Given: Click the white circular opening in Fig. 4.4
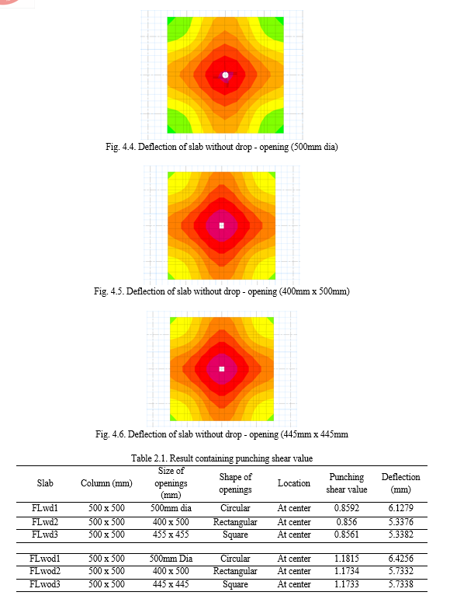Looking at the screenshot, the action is (225, 75).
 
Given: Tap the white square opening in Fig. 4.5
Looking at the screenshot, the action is (222, 226).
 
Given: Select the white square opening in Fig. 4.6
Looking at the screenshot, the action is (222, 369).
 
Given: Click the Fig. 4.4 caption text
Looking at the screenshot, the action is (222, 147).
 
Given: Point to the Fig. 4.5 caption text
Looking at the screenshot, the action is (222, 291).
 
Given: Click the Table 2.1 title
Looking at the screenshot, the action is (222, 458).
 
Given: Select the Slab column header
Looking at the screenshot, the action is (45, 483).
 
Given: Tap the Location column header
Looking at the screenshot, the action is (293, 483).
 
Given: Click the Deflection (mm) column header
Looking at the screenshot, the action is (400, 483).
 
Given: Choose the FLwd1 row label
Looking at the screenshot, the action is (45, 508).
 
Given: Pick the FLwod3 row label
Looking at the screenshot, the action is (45, 584).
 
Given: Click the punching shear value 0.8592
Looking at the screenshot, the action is (346, 508).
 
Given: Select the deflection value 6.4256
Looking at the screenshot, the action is (400, 559).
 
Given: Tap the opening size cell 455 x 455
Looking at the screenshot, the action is (171, 535).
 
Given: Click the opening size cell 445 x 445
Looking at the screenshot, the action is (171, 584).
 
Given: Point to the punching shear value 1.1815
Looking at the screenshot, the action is (346, 559).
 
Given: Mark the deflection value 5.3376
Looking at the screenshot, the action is (400, 522).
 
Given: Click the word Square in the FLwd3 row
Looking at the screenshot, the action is (235, 535).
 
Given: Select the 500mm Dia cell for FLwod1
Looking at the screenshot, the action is (171, 559).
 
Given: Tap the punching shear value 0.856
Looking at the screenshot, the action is (346, 522).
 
